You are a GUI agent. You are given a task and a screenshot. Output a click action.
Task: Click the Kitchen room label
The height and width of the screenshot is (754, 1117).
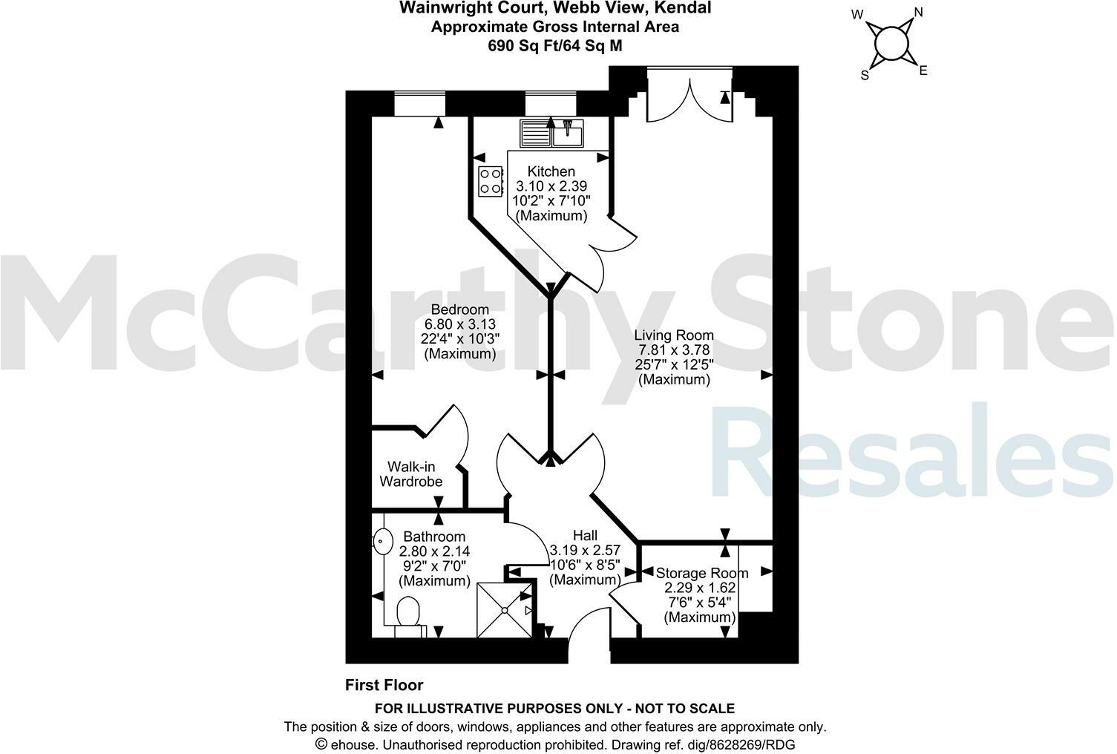[x=551, y=171]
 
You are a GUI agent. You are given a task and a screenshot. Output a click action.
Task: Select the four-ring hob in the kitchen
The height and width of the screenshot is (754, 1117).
[x=490, y=181]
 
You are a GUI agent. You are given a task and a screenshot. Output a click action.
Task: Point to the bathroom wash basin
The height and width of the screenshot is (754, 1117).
[x=382, y=542]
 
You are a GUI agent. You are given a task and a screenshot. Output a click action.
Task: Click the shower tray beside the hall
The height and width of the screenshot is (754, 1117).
[x=504, y=609]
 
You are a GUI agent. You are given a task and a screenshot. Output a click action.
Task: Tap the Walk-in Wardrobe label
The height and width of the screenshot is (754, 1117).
[x=411, y=474]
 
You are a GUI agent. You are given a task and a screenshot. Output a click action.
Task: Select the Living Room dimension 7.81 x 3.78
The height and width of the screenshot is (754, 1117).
[x=675, y=350]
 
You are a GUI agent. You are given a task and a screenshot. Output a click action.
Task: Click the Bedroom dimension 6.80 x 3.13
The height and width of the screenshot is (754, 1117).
[x=459, y=324]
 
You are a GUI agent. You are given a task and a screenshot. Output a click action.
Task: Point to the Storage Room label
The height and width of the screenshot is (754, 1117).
[x=701, y=573]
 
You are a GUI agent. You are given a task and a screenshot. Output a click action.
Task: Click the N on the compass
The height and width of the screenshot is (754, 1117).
[x=917, y=13]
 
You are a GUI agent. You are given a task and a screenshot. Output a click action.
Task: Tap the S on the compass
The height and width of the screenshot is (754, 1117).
[x=865, y=75]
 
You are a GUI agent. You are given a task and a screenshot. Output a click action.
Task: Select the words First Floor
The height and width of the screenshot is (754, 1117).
[x=384, y=685]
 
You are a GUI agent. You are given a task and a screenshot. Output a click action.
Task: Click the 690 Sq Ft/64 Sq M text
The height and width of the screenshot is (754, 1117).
[x=554, y=45]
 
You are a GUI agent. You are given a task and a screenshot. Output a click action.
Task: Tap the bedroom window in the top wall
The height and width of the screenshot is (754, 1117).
[x=418, y=104]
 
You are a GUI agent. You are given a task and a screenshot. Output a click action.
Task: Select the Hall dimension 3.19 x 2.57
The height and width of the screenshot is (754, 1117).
[x=584, y=551]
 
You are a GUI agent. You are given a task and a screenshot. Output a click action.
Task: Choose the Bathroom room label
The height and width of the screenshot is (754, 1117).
[x=434, y=537]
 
